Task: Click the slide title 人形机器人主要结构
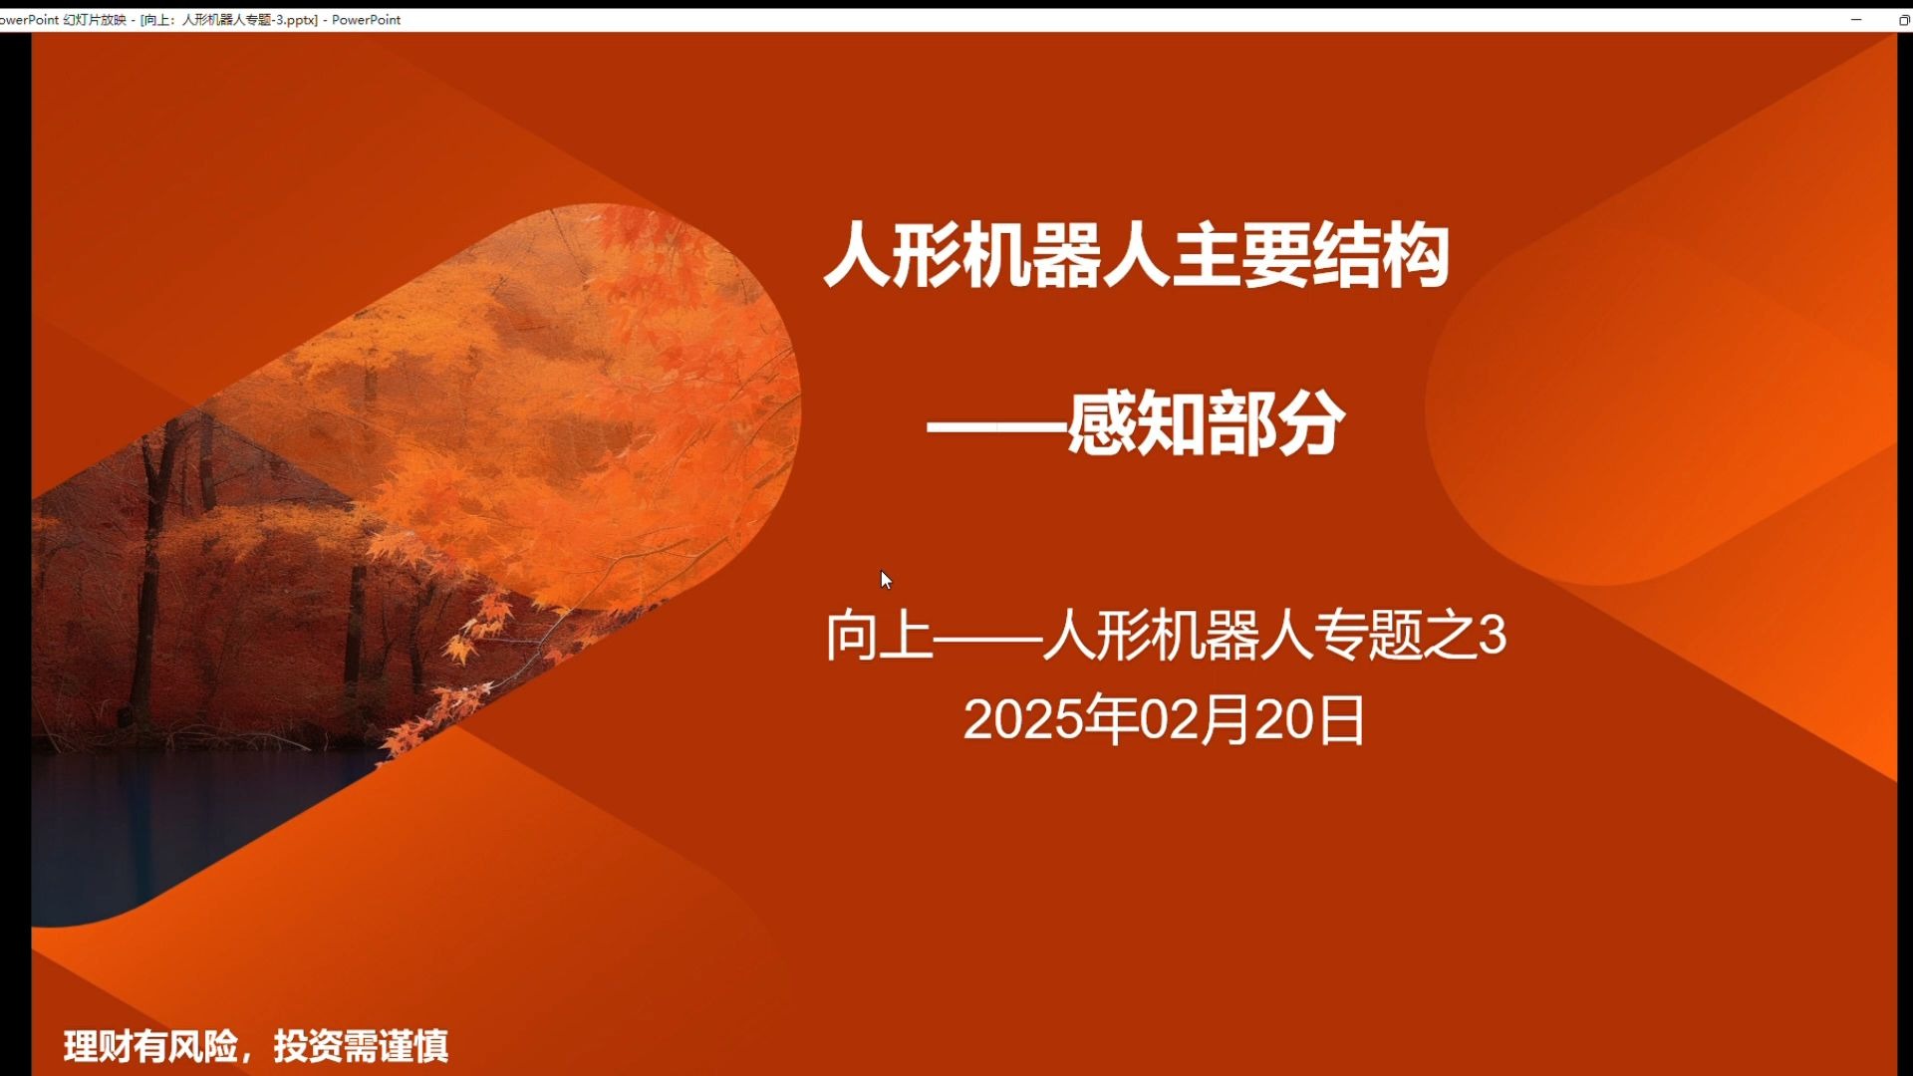1137,256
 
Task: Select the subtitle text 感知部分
1207,424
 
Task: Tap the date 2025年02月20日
1164,719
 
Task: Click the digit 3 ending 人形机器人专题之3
1493,635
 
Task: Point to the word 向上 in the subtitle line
879,635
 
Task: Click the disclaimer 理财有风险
151,1046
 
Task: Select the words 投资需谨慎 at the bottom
361,1046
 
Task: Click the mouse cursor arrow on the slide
886,580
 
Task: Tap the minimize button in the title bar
1856,19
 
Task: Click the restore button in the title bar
1904,19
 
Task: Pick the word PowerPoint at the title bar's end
366,19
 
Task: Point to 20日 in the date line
1309,719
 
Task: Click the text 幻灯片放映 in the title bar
95,19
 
